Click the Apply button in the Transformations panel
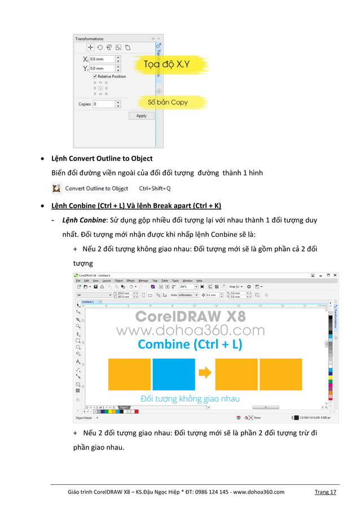pyautogui.click(x=141, y=116)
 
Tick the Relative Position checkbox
pyautogui.click(x=95, y=76)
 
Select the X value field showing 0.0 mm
pyautogui.click(x=102, y=59)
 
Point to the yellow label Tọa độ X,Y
pyautogui.click(x=166, y=64)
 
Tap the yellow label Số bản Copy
pyautogui.click(x=167, y=103)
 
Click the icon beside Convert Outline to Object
pyautogui.click(x=56, y=188)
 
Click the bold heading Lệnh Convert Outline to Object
pyautogui.click(x=102, y=158)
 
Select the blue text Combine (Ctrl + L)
pyautogui.click(x=190, y=344)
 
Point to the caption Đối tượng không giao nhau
pyautogui.click(x=190, y=398)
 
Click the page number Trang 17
pyautogui.click(x=325, y=492)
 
